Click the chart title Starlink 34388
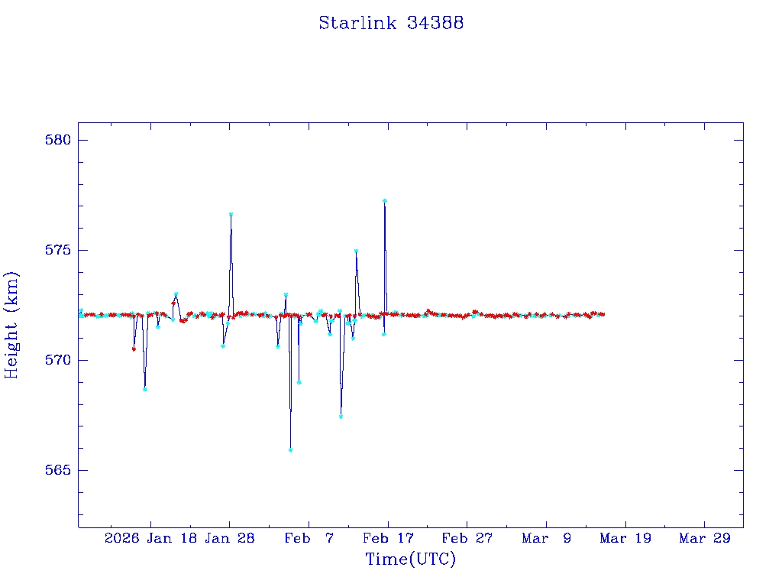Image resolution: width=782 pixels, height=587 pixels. (x=391, y=23)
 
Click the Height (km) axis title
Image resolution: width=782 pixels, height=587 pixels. (x=12, y=325)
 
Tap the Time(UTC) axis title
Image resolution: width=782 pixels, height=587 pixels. (x=411, y=559)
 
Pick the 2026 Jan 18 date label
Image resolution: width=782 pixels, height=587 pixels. (x=150, y=538)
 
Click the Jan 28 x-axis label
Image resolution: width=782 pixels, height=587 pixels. (x=230, y=538)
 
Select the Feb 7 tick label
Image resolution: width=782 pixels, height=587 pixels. (x=309, y=538)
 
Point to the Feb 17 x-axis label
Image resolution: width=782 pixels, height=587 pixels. (x=388, y=538)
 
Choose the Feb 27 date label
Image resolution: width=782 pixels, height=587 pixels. (x=467, y=538)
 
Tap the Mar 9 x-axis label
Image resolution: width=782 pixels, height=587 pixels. (x=547, y=538)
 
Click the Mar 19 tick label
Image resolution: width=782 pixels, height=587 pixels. (x=626, y=538)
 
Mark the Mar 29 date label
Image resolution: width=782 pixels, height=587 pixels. (x=705, y=538)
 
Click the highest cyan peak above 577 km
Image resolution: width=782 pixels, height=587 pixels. (x=385, y=201)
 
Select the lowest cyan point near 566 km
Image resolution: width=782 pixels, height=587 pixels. (x=291, y=449)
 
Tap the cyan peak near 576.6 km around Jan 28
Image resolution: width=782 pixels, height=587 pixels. (x=231, y=215)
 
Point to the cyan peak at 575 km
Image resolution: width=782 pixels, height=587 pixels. (x=356, y=251)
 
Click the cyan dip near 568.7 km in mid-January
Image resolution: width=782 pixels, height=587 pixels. (x=144, y=389)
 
